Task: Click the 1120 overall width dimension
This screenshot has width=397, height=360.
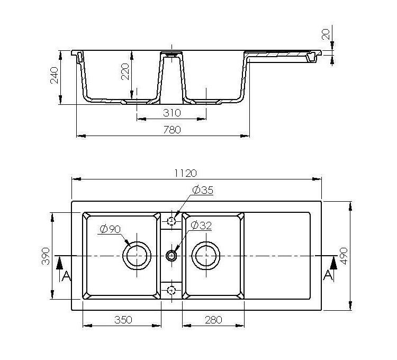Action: pyautogui.click(x=186, y=173)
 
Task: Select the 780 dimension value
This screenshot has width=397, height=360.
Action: pyautogui.click(x=172, y=130)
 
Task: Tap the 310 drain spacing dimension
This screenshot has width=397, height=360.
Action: pyautogui.click(x=172, y=113)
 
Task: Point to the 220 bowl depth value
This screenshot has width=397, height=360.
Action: pyautogui.click(x=125, y=71)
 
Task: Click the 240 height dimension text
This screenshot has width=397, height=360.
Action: pyautogui.click(x=54, y=75)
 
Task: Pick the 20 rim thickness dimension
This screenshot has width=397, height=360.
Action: pyautogui.click(x=326, y=34)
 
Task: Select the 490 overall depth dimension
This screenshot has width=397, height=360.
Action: pyautogui.click(x=344, y=256)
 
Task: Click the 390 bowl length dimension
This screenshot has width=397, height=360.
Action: pyautogui.click(x=46, y=256)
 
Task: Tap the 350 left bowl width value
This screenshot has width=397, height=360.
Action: pyautogui.click(x=123, y=320)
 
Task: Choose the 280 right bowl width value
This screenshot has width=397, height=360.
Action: pyautogui.click(x=214, y=320)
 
